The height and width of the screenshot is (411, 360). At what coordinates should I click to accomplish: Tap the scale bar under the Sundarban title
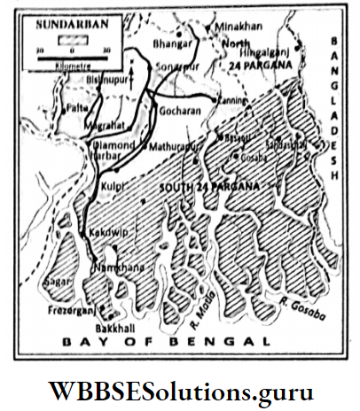pyautogui.click(x=62, y=42)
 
